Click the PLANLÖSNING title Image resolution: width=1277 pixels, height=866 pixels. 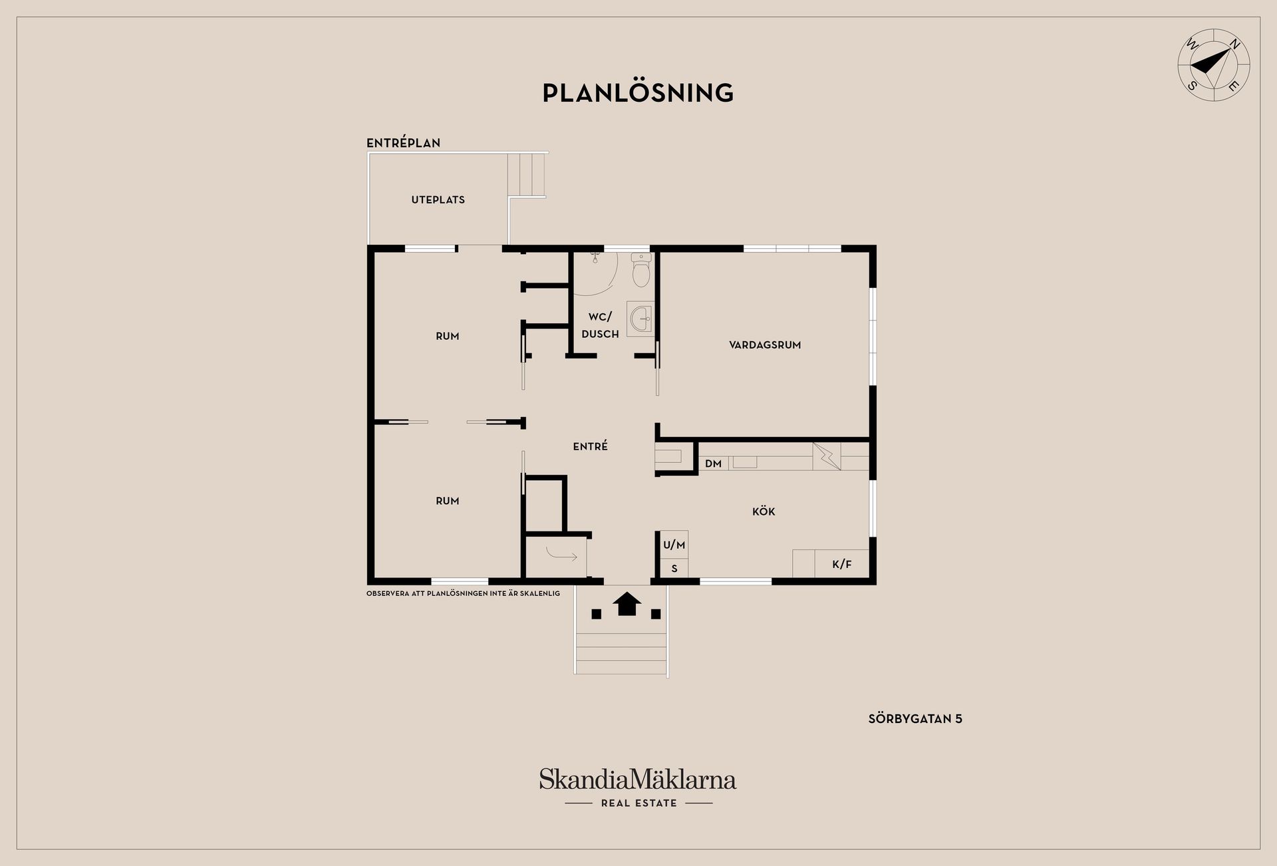(x=638, y=92)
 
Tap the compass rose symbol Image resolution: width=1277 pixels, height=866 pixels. (x=1214, y=65)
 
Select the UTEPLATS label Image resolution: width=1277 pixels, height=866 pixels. (x=438, y=200)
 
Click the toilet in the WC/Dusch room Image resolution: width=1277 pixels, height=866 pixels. (x=640, y=269)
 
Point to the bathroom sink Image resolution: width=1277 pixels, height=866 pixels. (x=640, y=318)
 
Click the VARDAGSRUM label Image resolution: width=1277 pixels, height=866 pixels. (x=765, y=345)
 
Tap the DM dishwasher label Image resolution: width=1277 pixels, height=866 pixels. (x=713, y=464)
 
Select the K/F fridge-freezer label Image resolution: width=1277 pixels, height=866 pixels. (x=841, y=565)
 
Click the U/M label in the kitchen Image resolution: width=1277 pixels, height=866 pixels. (x=674, y=545)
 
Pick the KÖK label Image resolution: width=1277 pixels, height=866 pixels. (x=764, y=511)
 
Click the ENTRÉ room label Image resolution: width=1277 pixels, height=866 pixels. (x=590, y=446)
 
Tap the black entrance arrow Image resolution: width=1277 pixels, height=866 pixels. (x=627, y=604)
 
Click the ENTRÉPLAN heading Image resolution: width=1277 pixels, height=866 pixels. (x=403, y=142)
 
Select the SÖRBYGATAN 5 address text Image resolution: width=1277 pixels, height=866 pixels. (x=915, y=719)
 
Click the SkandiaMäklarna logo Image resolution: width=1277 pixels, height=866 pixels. (x=638, y=780)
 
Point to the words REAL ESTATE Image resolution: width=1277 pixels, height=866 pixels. (x=638, y=803)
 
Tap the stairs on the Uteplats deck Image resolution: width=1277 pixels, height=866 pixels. (x=527, y=175)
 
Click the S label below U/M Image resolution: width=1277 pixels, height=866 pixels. (x=674, y=569)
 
